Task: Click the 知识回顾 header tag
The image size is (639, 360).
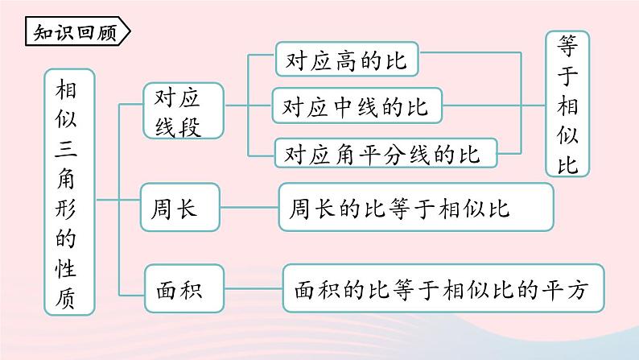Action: pyautogui.click(x=76, y=32)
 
